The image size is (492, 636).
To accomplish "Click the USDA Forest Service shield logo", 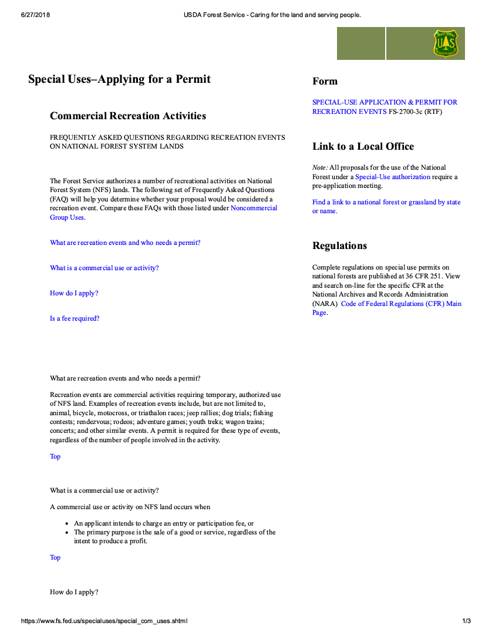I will [446, 44].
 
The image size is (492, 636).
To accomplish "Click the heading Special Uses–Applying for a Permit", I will [119, 79].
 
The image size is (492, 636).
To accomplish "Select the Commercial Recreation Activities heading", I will [128, 116].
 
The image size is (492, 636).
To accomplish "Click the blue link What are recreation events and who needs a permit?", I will [125, 243].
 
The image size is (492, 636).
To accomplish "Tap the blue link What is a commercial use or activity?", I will [104, 268].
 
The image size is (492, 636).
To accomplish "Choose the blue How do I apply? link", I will [74, 293].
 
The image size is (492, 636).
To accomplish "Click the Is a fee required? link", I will [75, 318].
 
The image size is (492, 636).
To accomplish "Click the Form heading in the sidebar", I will [325, 82].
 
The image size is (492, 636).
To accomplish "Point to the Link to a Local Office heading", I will [363, 147].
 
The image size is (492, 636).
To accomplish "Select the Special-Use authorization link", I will [393, 177].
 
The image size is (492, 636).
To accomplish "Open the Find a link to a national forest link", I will [386, 203].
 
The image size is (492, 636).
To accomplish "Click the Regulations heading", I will [339, 246].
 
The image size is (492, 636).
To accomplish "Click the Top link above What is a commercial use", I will [55, 456].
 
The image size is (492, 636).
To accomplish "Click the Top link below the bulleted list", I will [55, 557].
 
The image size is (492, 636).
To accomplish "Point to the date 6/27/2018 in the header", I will [35, 15].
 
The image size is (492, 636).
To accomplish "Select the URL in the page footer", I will [105, 621].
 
